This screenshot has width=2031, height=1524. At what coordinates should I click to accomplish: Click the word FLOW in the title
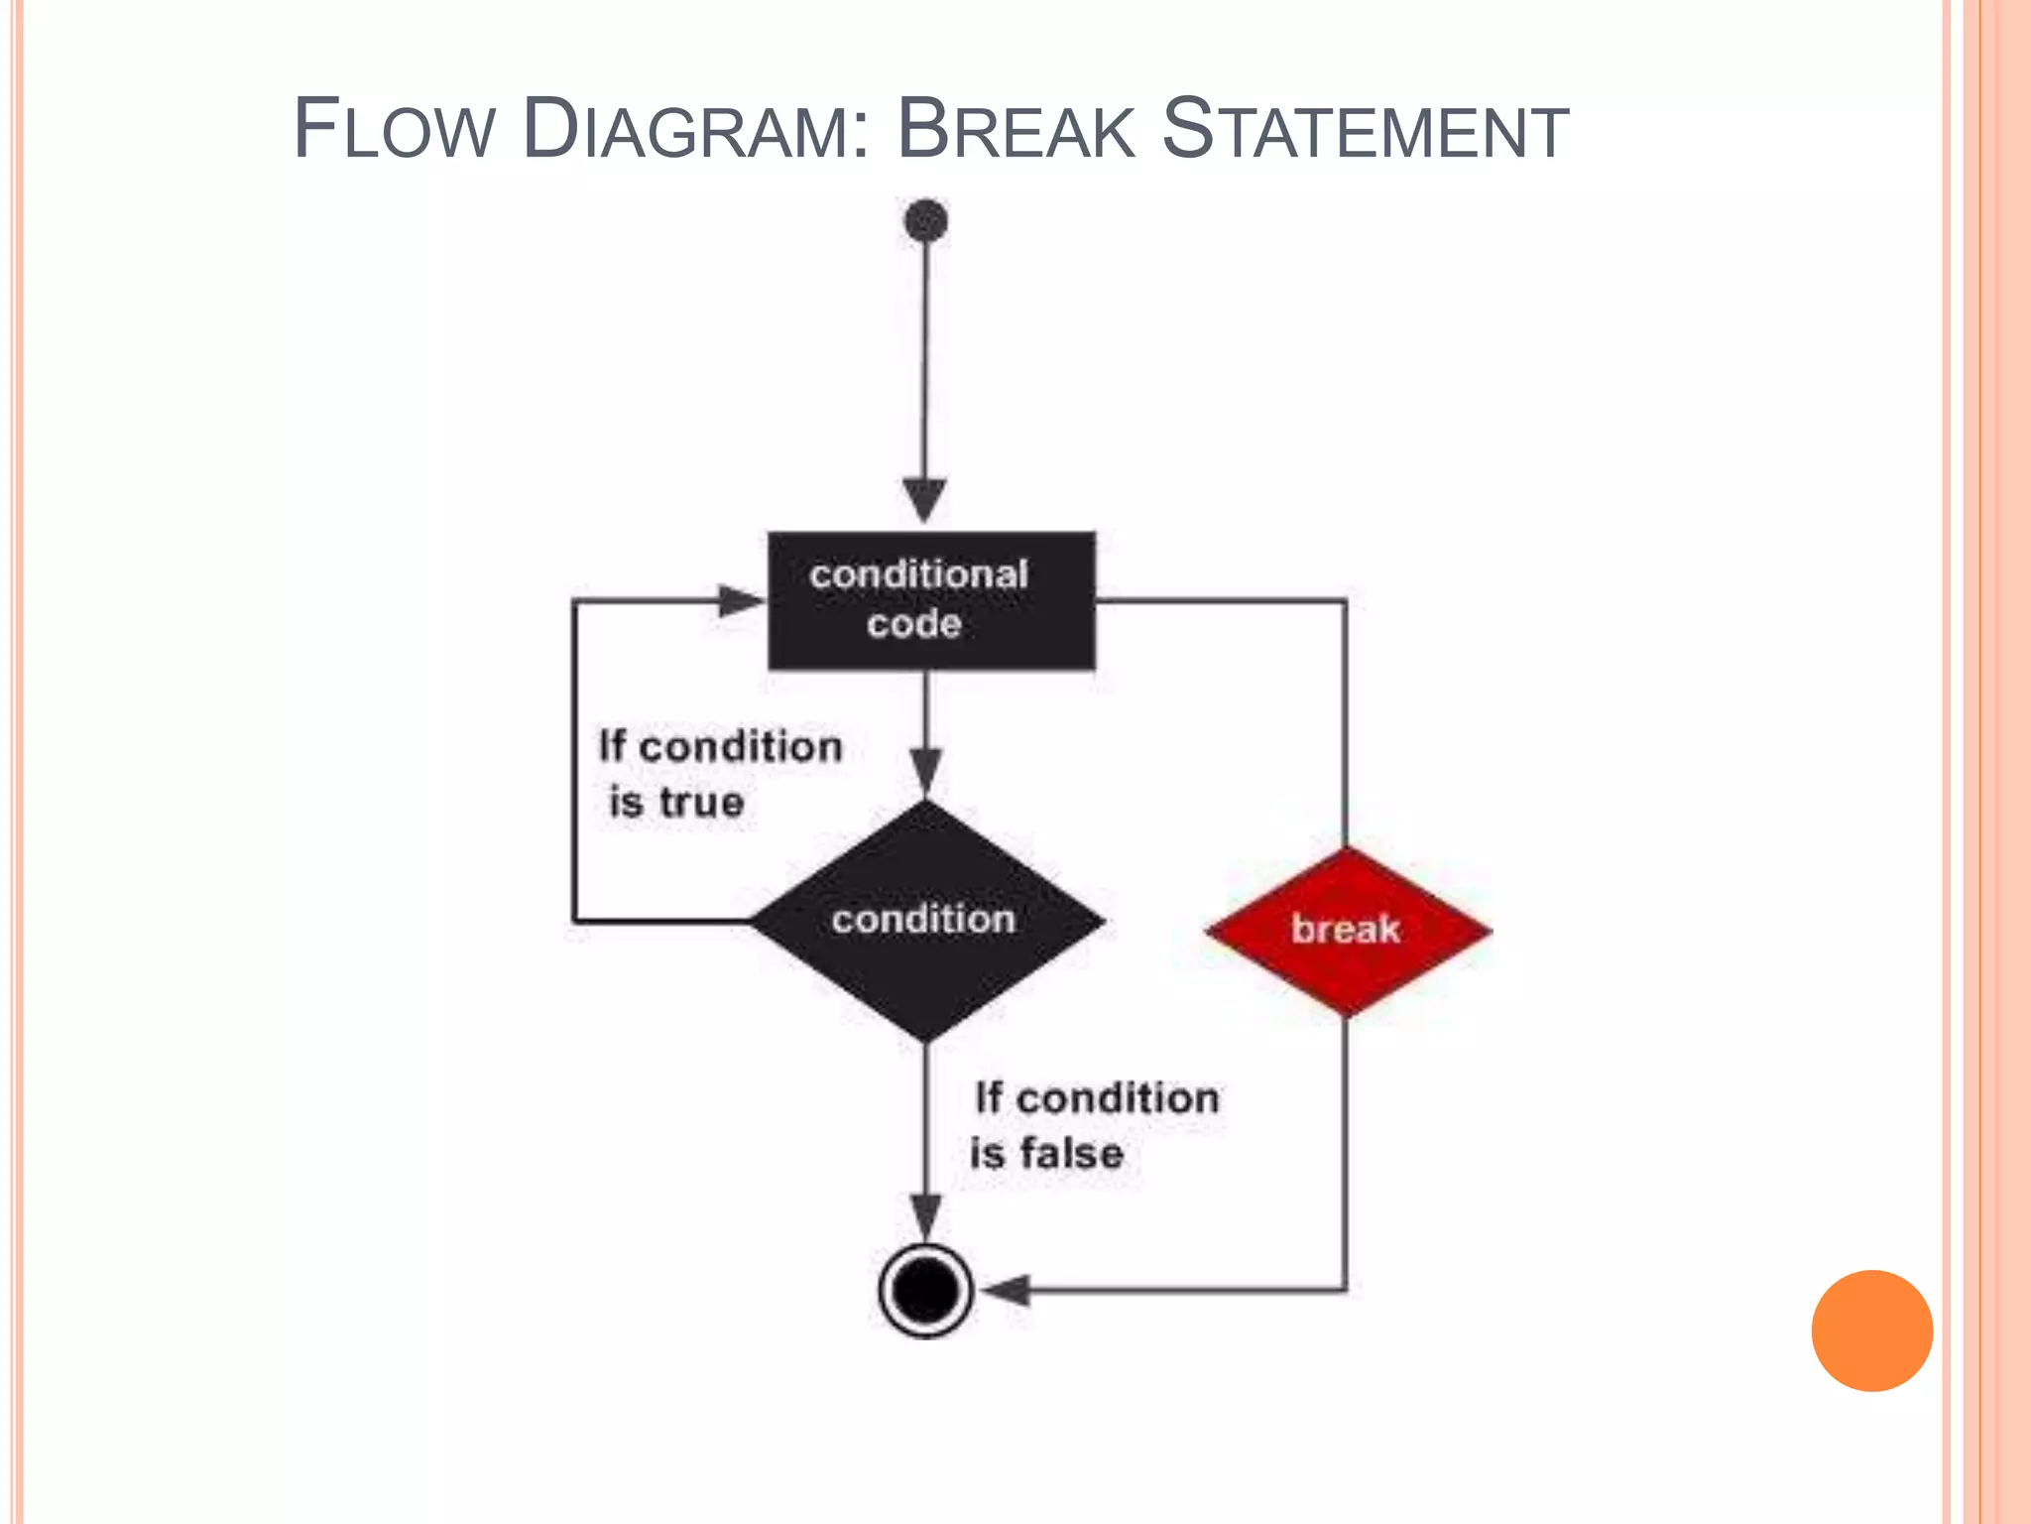(394, 129)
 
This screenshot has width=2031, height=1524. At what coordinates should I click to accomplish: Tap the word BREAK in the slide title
(1015, 129)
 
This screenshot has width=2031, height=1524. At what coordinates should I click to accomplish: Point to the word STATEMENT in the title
(1365, 129)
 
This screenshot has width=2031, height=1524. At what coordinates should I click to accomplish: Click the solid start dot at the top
(926, 220)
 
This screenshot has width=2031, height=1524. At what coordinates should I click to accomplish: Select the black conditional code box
(931, 600)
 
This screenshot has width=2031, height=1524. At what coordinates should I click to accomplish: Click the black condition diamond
(926, 921)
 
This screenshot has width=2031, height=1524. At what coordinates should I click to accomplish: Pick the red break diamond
(1347, 931)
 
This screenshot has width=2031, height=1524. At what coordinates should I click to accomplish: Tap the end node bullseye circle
(925, 1290)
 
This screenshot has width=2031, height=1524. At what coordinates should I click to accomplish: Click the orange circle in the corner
(1871, 1331)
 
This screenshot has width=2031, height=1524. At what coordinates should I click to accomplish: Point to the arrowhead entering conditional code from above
(924, 499)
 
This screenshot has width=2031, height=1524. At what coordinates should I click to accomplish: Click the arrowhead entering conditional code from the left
(740, 600)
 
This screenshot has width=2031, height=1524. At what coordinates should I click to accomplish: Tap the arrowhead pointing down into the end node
(926, 1216)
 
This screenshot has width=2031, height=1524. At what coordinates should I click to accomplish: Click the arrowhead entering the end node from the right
(1006, 1290)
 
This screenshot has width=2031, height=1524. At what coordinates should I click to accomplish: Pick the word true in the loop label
(702, 802)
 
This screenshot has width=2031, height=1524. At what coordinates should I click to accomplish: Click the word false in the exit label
(1072, 1153)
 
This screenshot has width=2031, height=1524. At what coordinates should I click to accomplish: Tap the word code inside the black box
(914, 624)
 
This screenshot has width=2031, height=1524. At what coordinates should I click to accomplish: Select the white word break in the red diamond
(1346, 930)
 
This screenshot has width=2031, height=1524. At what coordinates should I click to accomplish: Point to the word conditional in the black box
(918, 574)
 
